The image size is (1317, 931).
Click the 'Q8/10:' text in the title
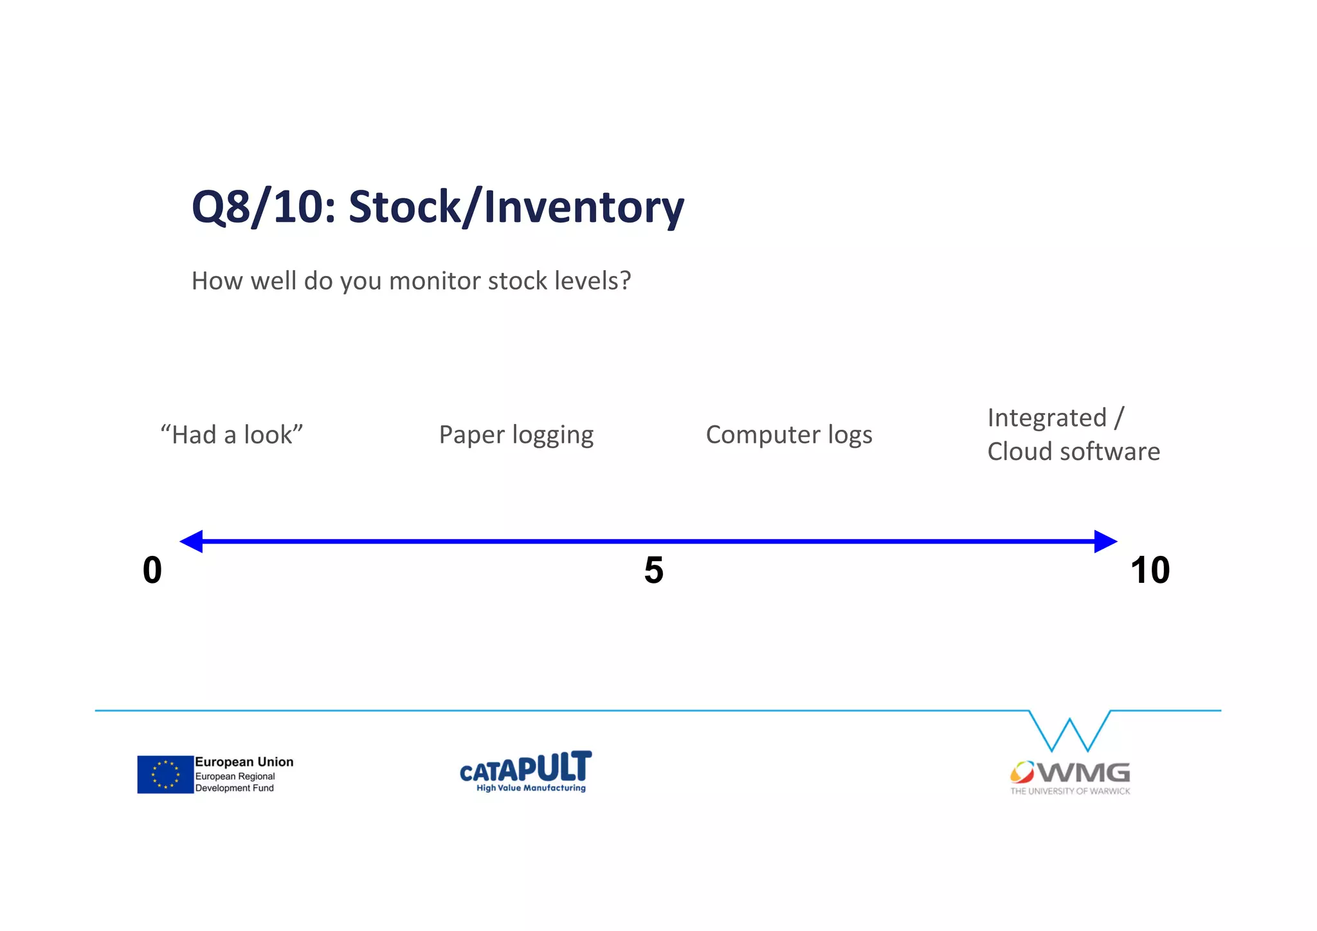click(x=264, y=208)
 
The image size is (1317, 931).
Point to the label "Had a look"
click(x=232, y=435)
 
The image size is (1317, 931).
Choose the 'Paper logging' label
click(x=516, y=435)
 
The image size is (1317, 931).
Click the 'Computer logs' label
click(x=788, y=435)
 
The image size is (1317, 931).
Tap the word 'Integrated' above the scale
click(x=1046, y=418)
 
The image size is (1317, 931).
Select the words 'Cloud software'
click(x=1073, y=452)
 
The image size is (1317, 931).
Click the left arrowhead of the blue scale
click(x=192, y=541)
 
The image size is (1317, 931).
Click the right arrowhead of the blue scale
click(x=1104, y=541)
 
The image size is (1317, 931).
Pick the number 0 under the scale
click(x=152, y=570)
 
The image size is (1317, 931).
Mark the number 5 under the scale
click(x=653, y=570)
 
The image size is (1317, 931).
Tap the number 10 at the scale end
click(x=1150, y=570)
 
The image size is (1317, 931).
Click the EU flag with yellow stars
click(x=165, y=774)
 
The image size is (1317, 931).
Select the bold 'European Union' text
click(x=244, y=762)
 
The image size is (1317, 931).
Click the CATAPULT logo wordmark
click(x=525, y=767)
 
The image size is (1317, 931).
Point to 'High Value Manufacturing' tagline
click(x=531, y=788)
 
